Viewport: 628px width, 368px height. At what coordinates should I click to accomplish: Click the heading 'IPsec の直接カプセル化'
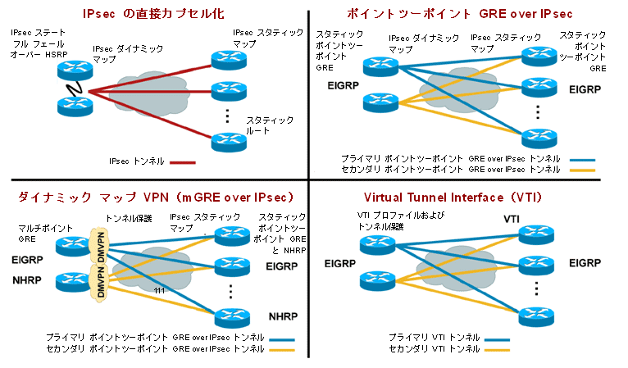pos(154,14)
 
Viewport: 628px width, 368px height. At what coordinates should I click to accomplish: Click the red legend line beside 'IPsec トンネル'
pos(183,162)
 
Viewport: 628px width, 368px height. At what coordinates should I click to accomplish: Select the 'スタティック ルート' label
pos(264,125)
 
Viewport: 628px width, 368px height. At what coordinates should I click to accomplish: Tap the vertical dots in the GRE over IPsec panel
pos(538,111)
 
